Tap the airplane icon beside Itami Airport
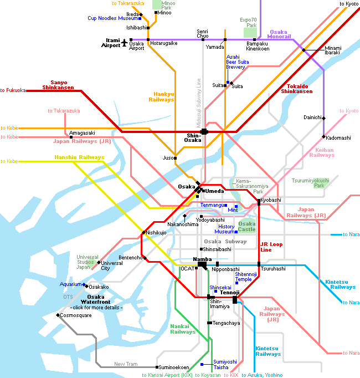[x=125, y=42]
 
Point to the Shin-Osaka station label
[x=193, y=137]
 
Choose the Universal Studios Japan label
[x=88, y=262]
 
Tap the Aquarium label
[x=71, y=284]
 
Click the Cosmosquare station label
[x=76, y=315]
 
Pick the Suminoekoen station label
[x=174, y=367]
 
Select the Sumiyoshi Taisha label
[x=225, y=364]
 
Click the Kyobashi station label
[x=271, y=200]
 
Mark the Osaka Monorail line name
[x=280, y=34]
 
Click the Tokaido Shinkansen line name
[x=300, y=89]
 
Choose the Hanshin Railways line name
[x=79, y=157]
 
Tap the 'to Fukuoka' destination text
[x=13, y=90]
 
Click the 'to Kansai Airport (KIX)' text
[x=167, y=375]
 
